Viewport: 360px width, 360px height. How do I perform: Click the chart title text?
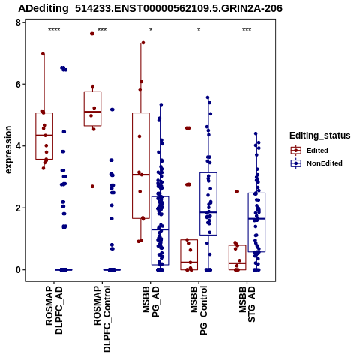150,8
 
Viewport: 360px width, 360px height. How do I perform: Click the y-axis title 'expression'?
8,150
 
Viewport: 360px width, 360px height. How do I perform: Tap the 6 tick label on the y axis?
18,85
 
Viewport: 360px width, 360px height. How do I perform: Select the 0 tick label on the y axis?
18,270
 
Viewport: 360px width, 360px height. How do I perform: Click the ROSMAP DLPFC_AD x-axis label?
54,310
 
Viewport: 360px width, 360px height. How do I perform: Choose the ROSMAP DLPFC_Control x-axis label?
102,319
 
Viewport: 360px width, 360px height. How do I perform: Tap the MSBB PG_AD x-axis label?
151,301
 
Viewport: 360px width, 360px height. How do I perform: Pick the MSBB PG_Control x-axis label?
199,310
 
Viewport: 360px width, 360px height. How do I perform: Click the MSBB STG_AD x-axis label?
247,304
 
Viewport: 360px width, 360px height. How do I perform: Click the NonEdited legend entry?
316,163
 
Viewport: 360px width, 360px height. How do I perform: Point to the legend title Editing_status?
320,136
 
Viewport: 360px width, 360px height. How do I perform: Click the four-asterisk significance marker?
54,30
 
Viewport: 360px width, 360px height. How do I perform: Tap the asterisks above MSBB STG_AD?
247,30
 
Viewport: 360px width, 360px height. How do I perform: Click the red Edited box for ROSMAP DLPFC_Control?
92,109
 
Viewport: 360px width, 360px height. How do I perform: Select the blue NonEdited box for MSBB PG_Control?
208,204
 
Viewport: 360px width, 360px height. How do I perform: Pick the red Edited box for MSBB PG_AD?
141,166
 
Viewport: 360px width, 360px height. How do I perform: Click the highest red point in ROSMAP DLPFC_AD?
43,54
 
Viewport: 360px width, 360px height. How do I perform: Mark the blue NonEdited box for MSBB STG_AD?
256,222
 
